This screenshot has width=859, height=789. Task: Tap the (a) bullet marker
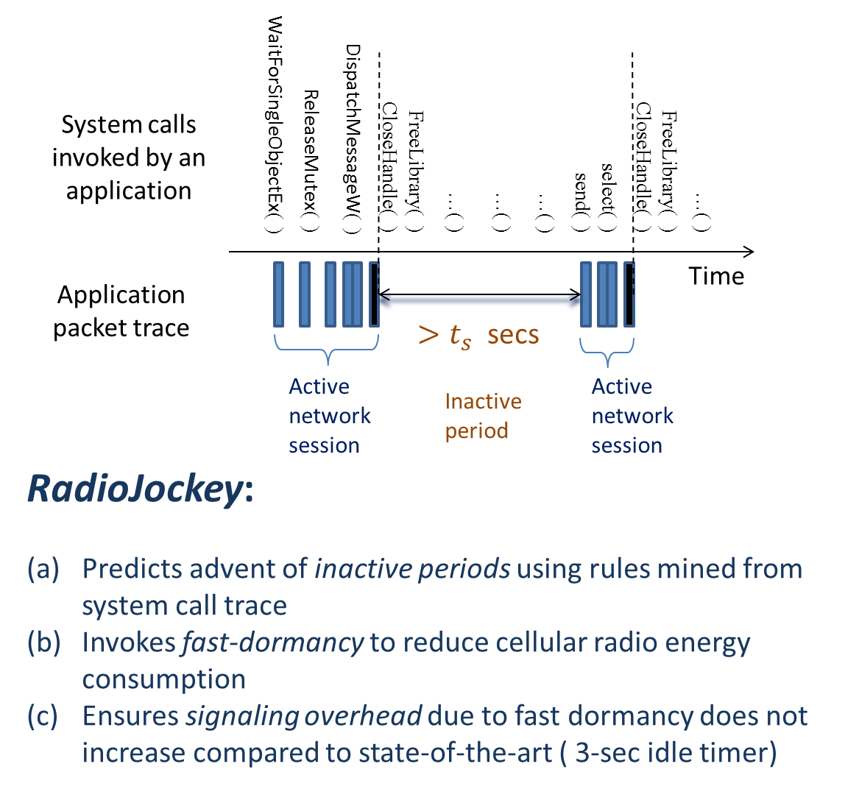point(43,569)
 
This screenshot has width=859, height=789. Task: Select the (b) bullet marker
point(43,643)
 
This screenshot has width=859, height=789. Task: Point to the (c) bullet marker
point(43,716)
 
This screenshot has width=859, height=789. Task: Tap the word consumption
point(163,679)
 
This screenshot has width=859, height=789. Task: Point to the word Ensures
point(130,716)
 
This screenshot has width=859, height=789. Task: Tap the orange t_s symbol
point(460,336)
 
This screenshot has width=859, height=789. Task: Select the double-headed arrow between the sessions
point(479,300)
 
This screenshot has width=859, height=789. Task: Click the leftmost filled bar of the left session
point(278,294)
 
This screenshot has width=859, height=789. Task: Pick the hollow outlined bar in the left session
point(374,294)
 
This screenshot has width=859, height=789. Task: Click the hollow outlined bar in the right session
point(629,294)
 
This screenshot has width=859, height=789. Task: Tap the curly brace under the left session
point(327,351)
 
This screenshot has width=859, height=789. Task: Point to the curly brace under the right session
point(607,351)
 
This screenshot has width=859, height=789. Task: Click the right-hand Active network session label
point(632,416)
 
